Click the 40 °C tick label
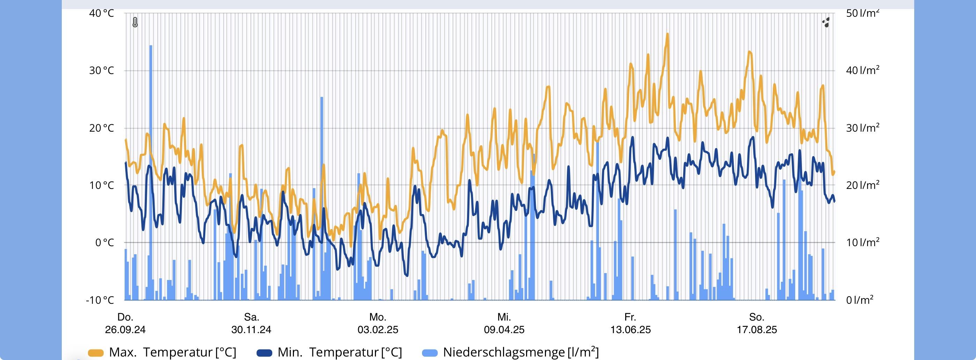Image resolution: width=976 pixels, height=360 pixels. point(101,13)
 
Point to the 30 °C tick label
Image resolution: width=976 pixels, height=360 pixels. point(101,71)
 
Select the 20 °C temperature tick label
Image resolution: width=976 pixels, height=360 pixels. point(101,128)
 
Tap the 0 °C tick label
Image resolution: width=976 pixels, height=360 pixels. point(104,243)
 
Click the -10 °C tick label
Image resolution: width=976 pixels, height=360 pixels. point(99,300)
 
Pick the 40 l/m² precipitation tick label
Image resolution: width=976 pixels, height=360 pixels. point(863,71)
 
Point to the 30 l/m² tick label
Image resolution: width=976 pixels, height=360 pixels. point(863,128)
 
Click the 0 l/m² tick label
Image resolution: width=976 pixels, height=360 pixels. point(860,300)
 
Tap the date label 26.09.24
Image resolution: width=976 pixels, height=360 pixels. point(125,329)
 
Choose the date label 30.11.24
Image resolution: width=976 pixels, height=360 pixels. point(251,329)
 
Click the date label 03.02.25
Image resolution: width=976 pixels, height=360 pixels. point(378,329)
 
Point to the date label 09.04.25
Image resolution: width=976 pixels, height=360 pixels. point(504,329)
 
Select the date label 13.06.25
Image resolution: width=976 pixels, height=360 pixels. point(630,329)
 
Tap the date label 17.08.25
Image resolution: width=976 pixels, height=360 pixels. point(757,329)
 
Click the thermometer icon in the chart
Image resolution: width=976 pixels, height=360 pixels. point(135,22)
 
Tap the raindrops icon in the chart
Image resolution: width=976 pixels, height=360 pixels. point(826,22)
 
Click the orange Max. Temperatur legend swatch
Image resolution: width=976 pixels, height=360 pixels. point(96,353)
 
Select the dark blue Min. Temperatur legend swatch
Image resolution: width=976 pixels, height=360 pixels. point(264,353)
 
